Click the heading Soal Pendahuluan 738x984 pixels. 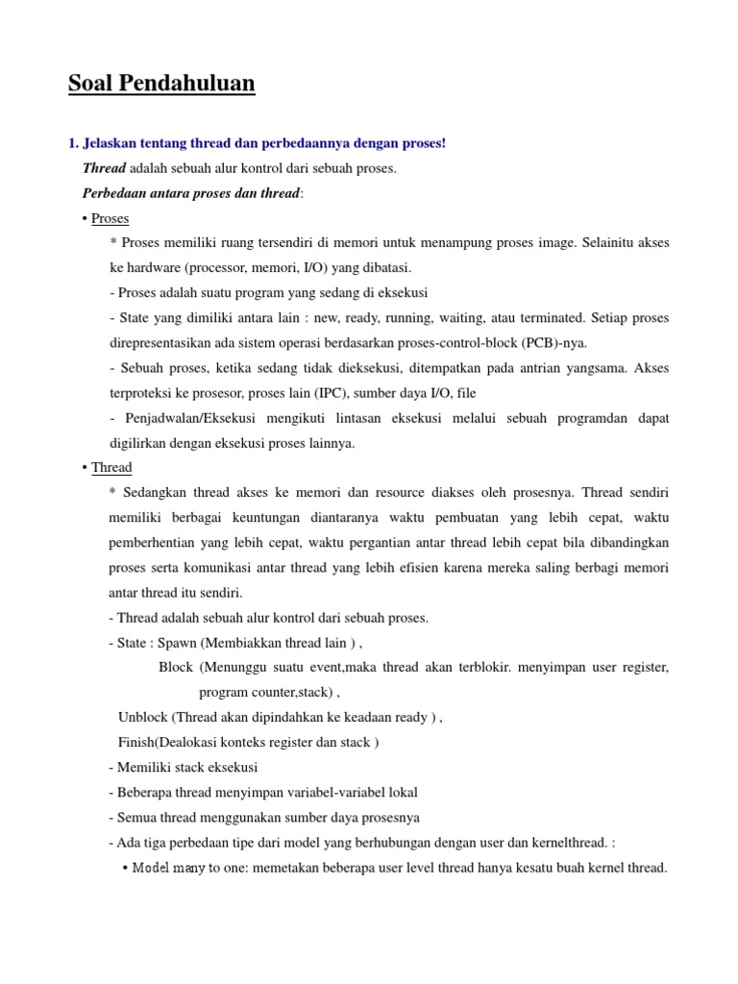coord(161,84)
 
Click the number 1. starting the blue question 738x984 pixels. coord(74,143)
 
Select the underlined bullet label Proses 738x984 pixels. coord(110,218)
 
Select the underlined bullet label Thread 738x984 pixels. coord(111,467)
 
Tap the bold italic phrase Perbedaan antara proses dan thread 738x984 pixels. coord(191,193)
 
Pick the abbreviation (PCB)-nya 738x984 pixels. coord(555,343)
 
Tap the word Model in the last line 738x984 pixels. coord(150,868)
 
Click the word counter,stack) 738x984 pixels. coord(289,692)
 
